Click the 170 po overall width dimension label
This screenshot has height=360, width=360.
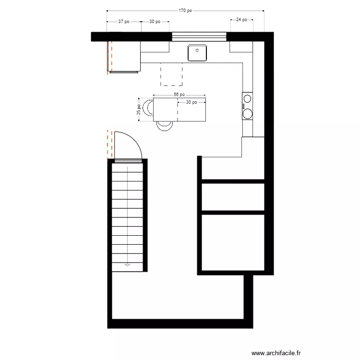coord(185,10)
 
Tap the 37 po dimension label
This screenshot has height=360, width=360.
coord(124,22)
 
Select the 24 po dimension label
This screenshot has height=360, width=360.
coord(241,20)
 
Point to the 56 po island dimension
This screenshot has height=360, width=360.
coord(180,95)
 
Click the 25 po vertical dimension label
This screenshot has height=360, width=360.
coord(139,110)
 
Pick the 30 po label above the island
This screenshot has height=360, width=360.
coord(191,102)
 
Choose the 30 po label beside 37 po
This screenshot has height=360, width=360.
coord(155,22)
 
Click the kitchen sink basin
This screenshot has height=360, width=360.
coord(197,53)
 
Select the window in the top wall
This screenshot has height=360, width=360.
coord(199,36)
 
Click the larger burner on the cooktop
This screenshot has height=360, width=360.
coord(248,113)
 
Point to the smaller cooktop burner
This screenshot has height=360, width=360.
coord(247,98)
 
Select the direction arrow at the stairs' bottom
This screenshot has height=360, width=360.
coord(128,264)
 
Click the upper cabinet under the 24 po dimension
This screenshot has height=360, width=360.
coord(241,47)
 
